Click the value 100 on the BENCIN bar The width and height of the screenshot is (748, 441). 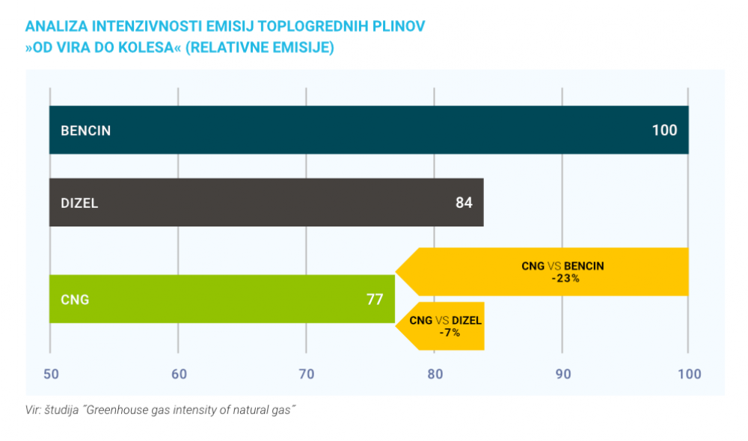point(664,130)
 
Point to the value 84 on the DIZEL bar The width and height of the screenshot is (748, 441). point(464,203)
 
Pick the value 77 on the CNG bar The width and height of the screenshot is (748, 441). point(375,300)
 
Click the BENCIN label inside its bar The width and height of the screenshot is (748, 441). point(85,131)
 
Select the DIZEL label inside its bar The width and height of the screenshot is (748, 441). point(79,203)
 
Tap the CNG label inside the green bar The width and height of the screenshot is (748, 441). point(75,300)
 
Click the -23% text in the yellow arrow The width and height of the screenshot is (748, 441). point(565,278)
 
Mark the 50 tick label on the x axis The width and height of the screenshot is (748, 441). point(50,374)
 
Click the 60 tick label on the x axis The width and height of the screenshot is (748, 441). point(178,374)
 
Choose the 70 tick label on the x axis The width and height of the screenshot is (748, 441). point(306,374)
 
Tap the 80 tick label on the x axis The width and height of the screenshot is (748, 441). point(434,374)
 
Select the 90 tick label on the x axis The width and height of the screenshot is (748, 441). point(562,374)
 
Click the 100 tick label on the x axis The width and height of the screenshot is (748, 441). point(689,374)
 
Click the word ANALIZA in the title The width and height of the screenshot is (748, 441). point(55,26)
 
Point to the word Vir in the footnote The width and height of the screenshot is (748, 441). point(34,410)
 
